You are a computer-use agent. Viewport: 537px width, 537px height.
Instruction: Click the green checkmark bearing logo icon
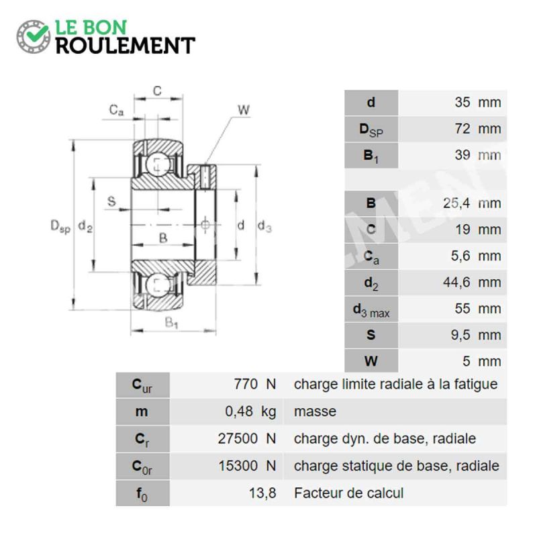coord(34,36)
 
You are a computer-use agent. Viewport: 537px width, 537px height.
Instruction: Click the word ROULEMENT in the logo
coord(126,46)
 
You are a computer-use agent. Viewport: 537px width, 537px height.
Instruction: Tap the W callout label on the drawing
coord(244,110)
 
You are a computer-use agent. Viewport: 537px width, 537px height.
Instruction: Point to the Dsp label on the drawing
coord(60,226)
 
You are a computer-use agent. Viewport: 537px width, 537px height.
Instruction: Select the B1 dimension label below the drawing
coord(171,322)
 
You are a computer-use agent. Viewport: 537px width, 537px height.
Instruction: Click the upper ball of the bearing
coord(158,164)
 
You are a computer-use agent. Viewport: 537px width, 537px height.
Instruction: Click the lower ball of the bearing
coord(158,285)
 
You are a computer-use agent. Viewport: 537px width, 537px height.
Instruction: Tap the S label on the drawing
coord(111,201)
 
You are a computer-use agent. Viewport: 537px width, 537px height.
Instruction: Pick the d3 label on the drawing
coord(264,226)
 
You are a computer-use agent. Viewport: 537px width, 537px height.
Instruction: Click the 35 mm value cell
coord(452,103)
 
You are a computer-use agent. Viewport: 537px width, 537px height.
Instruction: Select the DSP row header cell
coord(371,129)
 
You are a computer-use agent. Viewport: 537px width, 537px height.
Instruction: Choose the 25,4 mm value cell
coord(452,203)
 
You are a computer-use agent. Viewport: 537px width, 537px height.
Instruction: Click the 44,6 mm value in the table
coord(472,283)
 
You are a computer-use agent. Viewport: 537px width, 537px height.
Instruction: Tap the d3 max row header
coord(371,309)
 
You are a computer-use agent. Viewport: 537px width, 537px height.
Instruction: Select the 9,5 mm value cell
coord(452,335)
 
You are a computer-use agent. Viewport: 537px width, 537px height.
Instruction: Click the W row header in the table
coord(371,361)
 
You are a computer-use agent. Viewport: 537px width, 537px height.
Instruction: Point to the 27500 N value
coord(247,439)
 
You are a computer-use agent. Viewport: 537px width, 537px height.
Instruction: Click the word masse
coord(315,411)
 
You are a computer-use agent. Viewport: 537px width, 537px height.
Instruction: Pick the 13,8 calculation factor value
coord(262,493)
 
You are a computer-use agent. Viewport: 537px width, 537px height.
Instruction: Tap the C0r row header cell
coord(142,467)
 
